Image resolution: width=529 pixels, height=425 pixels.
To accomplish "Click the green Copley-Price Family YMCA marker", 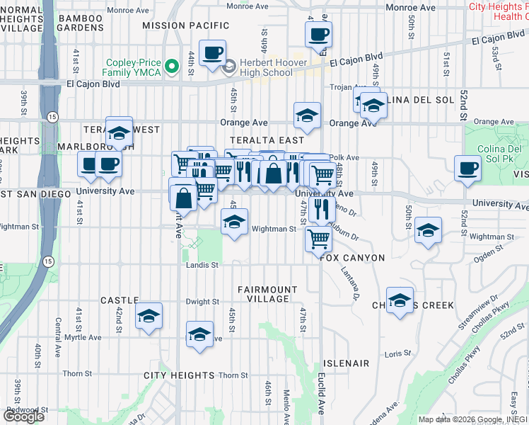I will [x=170, y=67].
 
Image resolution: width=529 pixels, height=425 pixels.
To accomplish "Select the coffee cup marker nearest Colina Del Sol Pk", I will [x=467, y=169].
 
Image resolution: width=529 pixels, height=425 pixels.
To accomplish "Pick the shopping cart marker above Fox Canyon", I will [x=318, y=239].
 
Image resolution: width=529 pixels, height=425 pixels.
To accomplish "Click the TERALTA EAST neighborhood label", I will [x=266, y=140].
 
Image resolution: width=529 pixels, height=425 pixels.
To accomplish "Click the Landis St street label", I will [x=199, y=265].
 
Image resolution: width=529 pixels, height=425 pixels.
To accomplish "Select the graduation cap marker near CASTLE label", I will [x=149, y=317].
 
